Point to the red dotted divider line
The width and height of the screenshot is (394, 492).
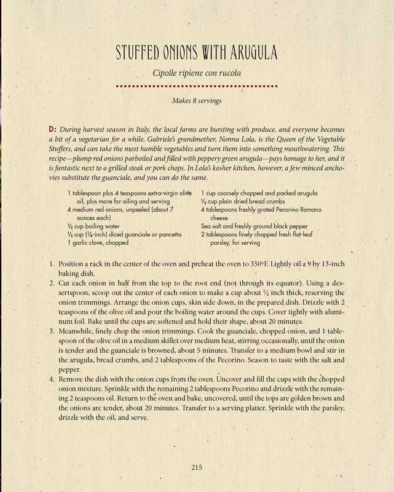[197, 87]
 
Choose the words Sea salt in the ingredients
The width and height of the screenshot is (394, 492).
[212, 226]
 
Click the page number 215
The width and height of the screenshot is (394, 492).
[197, 467]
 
